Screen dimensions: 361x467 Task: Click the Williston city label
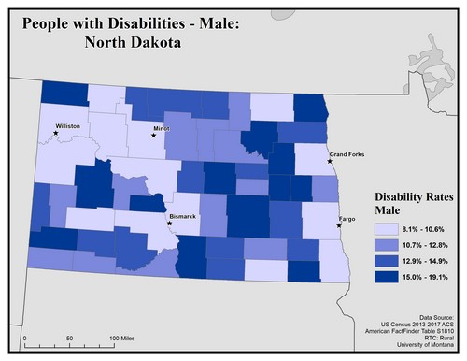pyautogui.click(x=68, y=124)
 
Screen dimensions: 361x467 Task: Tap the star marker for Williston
pyautogui.click(x=56, y=133)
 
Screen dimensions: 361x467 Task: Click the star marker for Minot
pyautogui.click(x=154, y=135)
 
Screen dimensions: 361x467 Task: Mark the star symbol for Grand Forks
pyautogui.click(x=329, y=161)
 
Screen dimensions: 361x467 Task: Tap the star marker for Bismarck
pyautogui.click(x=169, y=224)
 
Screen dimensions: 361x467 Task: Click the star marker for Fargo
pyautogui.click(x=338, y=225)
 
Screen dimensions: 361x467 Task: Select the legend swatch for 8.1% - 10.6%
pyautogui.click(x=387, y=228)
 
